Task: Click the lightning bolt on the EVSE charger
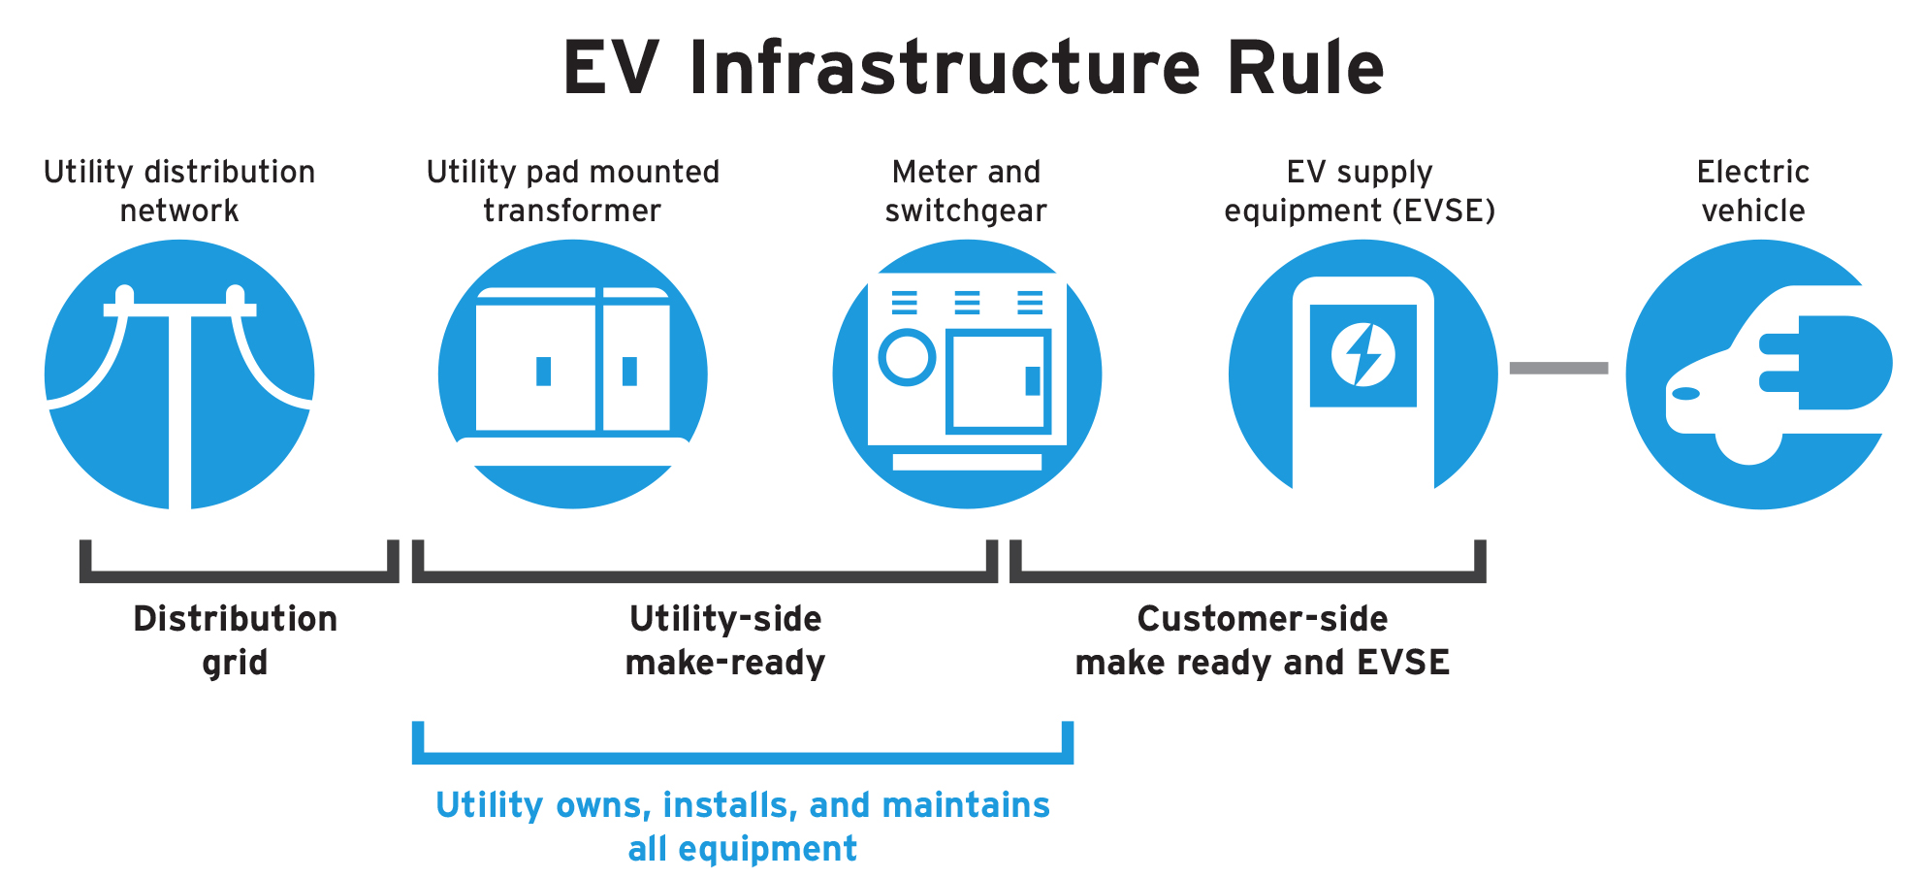click(x=1362, y=355)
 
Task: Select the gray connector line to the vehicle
click(x=1558, y=368)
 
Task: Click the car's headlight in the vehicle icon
click(x=1686, y=393)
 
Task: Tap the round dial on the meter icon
click(x=907, y=357)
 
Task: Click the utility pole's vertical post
click(x=180, y=407)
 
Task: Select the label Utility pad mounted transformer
click(x=572, y=191)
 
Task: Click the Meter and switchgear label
click(x=966, y=191)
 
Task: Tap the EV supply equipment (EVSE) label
click(x=1360, y=191)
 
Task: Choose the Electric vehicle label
click(x=1752, y=191)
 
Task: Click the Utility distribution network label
click(x=179, y=191)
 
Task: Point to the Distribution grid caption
click(x=235, y=640)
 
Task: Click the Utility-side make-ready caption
click(x=724, y=640)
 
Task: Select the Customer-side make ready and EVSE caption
click(x=1262, y=640)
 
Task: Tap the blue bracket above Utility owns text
click(x=742, y=758)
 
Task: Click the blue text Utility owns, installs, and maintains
click(x=742, y=805)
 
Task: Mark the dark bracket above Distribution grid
click(x=239, y=576)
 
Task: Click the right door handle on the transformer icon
click(x=629, y=371)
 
